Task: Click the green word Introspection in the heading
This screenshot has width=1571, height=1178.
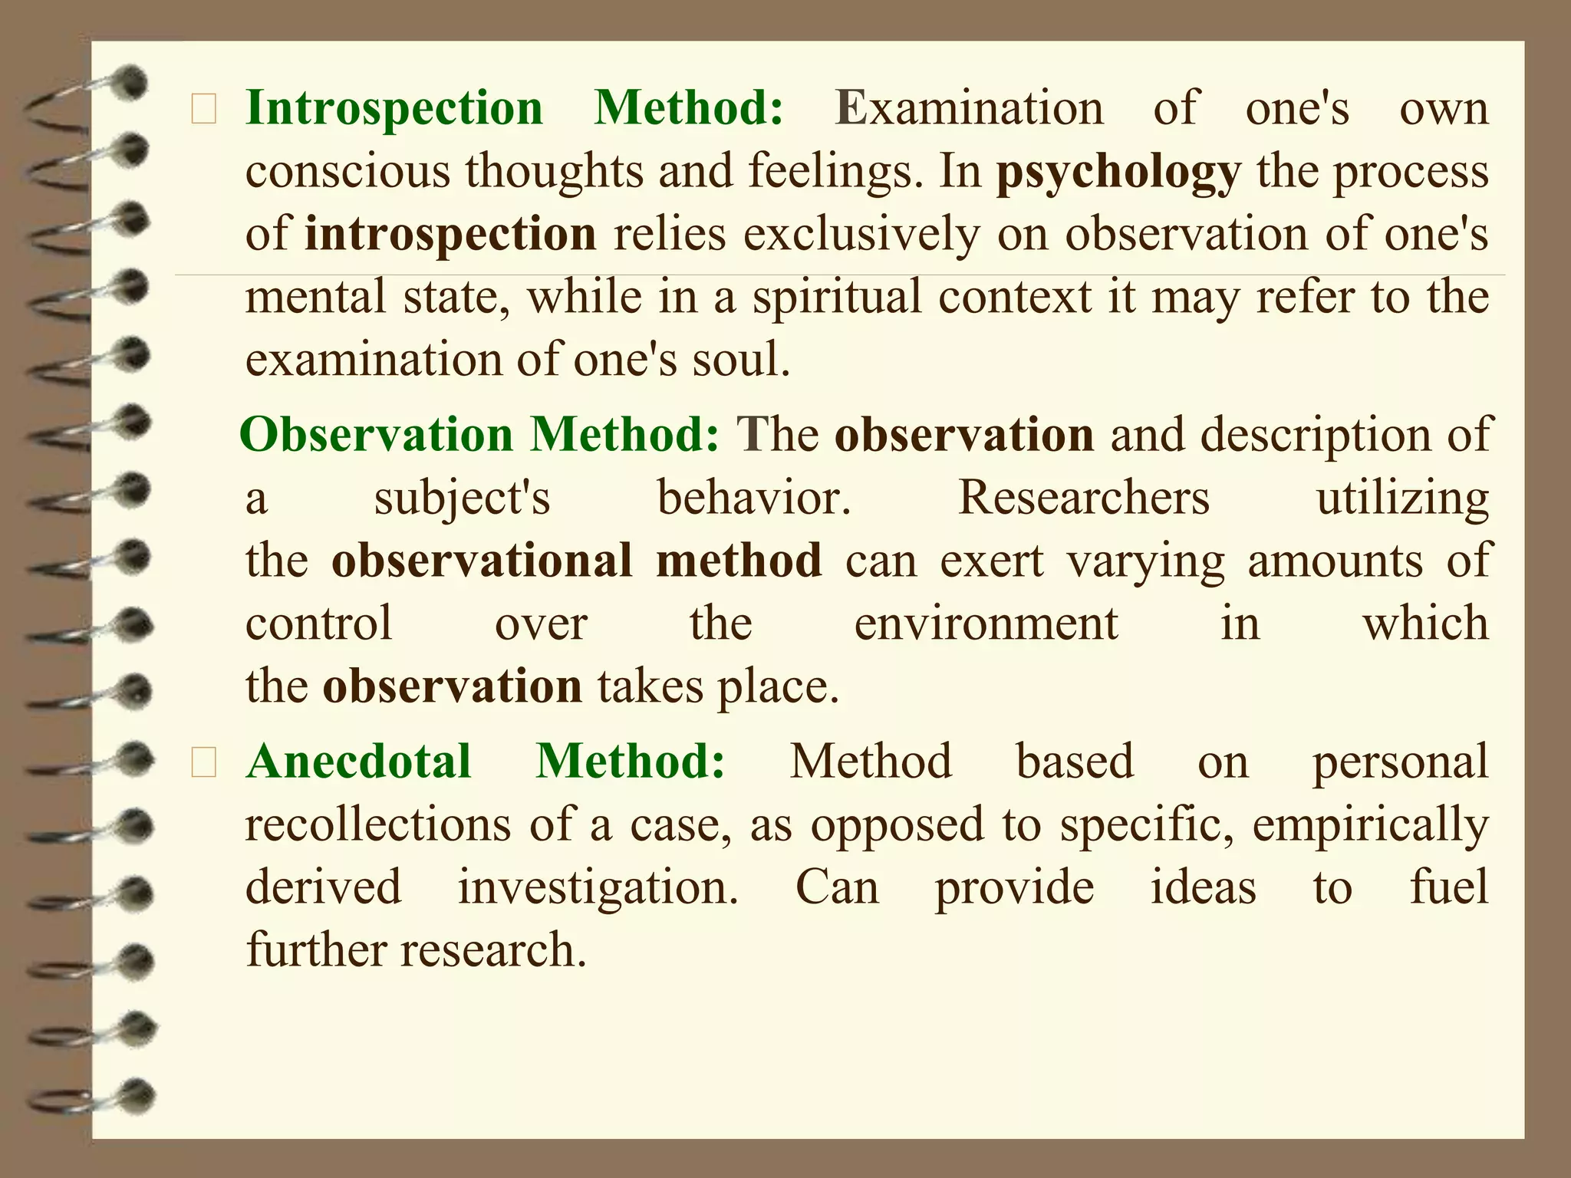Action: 394,108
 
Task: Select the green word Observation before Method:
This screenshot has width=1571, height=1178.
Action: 376,435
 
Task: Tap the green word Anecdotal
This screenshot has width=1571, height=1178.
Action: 358,762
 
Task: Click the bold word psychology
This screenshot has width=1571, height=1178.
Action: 1118,173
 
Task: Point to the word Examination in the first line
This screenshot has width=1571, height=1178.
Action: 970,108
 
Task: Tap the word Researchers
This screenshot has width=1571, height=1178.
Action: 1084,498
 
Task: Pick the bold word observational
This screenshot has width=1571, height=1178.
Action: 482,561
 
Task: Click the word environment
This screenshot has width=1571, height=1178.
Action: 986,624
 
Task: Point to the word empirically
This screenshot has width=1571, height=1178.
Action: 1370,826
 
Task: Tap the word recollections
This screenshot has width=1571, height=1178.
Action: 378,826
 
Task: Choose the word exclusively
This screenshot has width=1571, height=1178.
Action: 861,234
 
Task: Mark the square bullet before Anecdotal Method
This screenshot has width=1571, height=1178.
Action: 204,765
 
